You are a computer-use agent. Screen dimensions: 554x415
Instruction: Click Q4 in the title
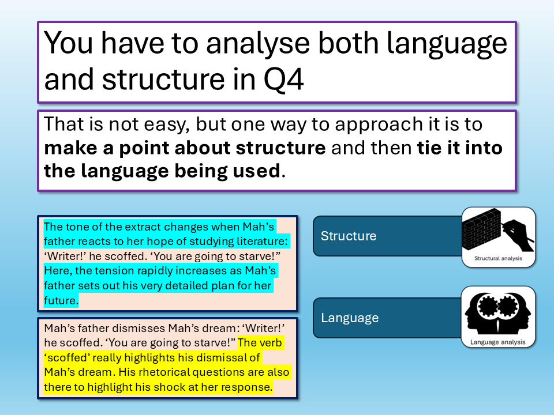point(283,80)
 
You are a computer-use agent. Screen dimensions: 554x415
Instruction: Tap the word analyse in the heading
point(258,44)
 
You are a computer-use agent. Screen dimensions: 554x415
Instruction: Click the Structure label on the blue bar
point(349,236)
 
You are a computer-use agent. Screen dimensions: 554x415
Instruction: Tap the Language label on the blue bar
point(350,318)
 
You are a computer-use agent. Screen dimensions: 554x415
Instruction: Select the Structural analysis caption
point(498,258)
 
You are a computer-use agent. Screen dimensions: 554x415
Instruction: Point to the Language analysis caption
point(498,342)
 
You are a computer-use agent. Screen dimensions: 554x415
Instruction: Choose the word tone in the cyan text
point(78,227)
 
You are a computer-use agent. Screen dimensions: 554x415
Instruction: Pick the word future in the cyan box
point(60,301)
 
